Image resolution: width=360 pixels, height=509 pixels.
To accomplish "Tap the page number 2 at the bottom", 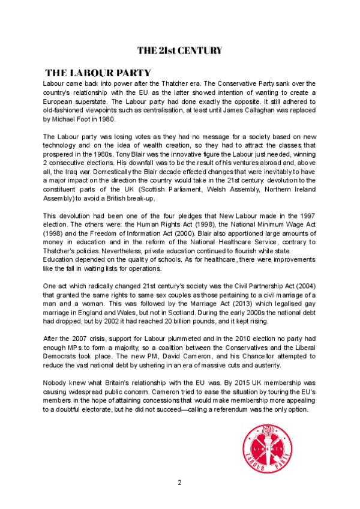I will point(179,483).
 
